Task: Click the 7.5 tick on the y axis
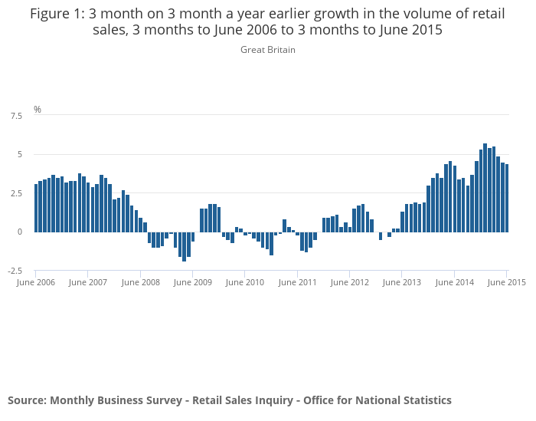click(x=16, y=116)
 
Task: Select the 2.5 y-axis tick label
click(x=16, y=193)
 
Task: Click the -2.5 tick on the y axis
click(x=15, y=271)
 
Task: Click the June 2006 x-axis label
click(x=35, y=282)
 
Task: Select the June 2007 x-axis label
click(x=88, y=282)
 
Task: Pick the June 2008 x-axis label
click(x=141, y=282)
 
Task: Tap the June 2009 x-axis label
click(x=193, y=282)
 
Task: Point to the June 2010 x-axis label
click(x=245, y=282)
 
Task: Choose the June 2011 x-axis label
click(x=297, y=282)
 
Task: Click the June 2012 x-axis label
click(x=350, y=282)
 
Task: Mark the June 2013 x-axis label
click(x=402, y=282)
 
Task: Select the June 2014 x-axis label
click(x=454, y=282)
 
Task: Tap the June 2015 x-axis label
click(x=507, y=282)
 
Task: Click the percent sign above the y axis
click(x=38, y=110)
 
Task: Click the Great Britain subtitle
click(x=268, y=50)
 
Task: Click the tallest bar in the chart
click(x=485, y=188)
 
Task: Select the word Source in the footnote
click(x=26, y=400)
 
